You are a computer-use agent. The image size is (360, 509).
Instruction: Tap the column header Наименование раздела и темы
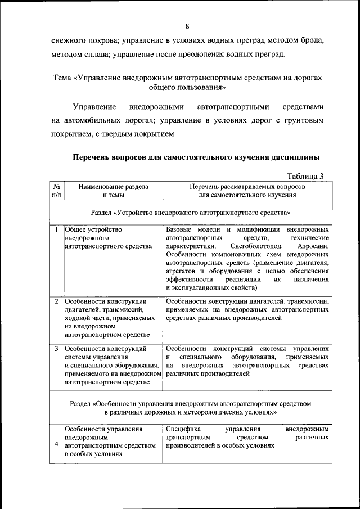114,190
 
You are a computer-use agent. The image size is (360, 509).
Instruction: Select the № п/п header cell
57,190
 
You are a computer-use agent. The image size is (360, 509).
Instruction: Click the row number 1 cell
57,229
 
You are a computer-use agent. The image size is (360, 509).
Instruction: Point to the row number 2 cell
57,301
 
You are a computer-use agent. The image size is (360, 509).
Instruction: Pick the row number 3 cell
57,349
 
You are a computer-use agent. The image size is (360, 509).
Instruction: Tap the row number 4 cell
57,444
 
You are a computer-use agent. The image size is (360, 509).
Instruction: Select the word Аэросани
312,246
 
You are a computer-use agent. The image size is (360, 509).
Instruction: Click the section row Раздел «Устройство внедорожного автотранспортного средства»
190,213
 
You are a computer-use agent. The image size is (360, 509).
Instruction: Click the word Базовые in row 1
181,229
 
